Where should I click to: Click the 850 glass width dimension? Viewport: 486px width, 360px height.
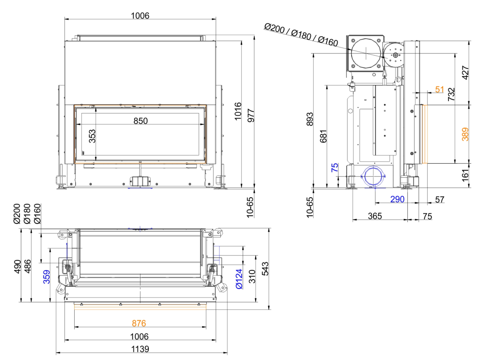(x=140, y=121)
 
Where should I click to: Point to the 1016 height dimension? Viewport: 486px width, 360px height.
(x=238, y=111)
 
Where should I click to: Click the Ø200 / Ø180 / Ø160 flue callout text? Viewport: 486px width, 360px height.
(x=301, y=35)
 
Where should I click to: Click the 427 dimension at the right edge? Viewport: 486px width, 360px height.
(x=465, y=73)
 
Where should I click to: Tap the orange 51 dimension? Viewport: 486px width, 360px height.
(x=439, y=89)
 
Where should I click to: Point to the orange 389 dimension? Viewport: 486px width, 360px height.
(x=465, y=134)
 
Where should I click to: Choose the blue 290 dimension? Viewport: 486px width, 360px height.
(x=397, y=199)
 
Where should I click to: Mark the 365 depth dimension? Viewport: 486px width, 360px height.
(x=375, y=216)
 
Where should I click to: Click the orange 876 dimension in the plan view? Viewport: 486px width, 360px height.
(x=139, y=323)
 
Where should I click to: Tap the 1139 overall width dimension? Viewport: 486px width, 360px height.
(x=140, y=349)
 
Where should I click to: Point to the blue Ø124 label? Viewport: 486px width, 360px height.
(x=239, y=279)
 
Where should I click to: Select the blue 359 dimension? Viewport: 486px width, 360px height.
(x=47, y=277)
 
